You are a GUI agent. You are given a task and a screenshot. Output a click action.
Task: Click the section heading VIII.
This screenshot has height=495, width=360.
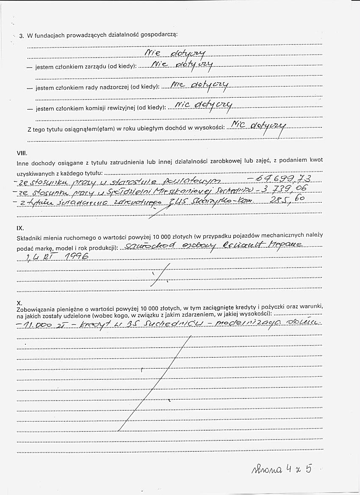tap(22, 152)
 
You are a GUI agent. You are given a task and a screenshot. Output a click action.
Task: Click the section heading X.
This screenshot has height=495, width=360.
tap(19, 303)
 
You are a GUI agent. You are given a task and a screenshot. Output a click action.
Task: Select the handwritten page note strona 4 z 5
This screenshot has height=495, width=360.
tap(281, 468)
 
